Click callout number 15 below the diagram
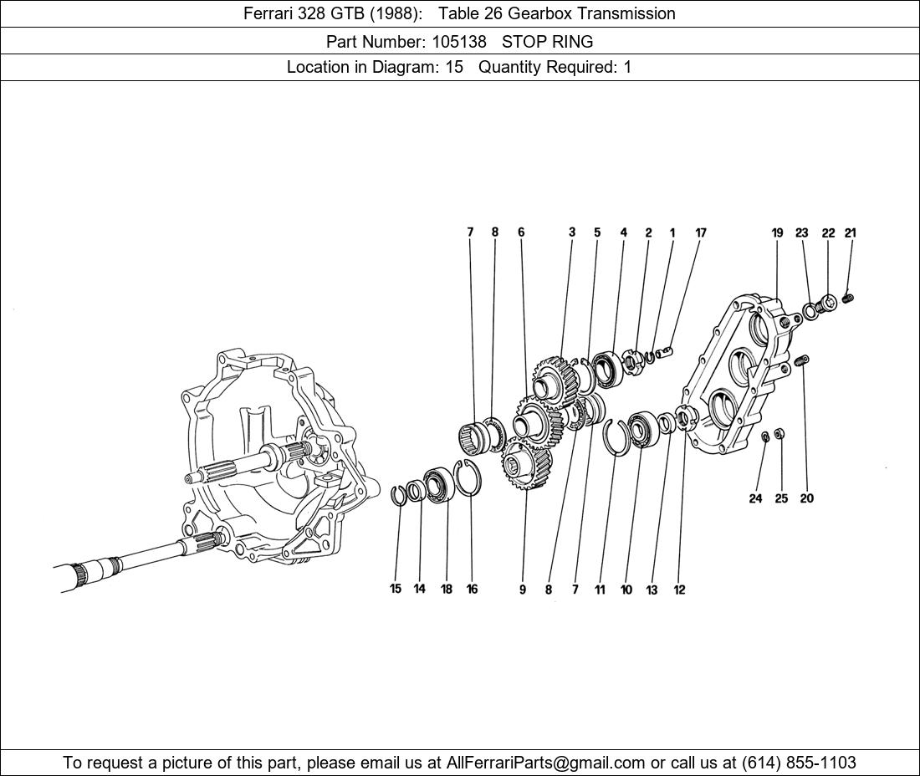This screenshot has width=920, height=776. coord(396,589)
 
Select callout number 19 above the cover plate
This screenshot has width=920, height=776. coord(777,233)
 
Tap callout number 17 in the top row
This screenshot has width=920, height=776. coord(701,233)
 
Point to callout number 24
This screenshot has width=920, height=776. coord(755,498)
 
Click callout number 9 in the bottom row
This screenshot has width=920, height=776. coord(523,590)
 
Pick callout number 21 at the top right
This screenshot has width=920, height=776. coord(851,233)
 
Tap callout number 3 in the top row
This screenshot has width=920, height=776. coord(572,233)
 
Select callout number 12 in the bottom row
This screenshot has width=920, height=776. coord(679,590)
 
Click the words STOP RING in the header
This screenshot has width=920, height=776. coord(547,41)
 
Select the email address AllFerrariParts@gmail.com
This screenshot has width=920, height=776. coord(546,763)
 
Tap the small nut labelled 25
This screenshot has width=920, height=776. coord(779,433)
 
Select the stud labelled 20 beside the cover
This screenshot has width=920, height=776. coord(804,360)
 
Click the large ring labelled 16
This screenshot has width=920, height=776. coord(469,477)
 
